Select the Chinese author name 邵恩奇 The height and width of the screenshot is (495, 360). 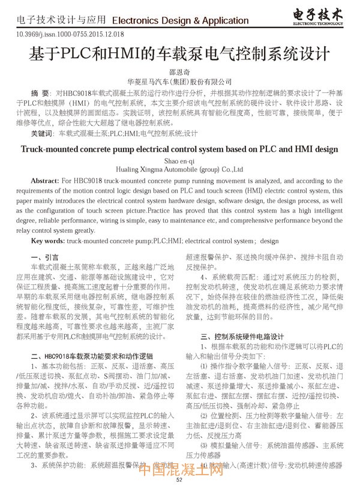click(x=179, y=71)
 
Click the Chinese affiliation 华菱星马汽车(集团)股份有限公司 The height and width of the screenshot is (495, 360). click(x=179, y=81)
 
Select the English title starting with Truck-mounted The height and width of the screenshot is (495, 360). click(x=179, y=149)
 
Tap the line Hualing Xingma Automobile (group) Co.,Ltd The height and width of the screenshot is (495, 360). click(x=179, y=170)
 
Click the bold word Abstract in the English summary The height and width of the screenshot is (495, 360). click(x=44, y=181)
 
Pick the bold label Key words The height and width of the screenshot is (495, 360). click(x=47, y=241)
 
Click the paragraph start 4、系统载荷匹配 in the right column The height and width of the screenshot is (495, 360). click(x=229, y=277)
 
